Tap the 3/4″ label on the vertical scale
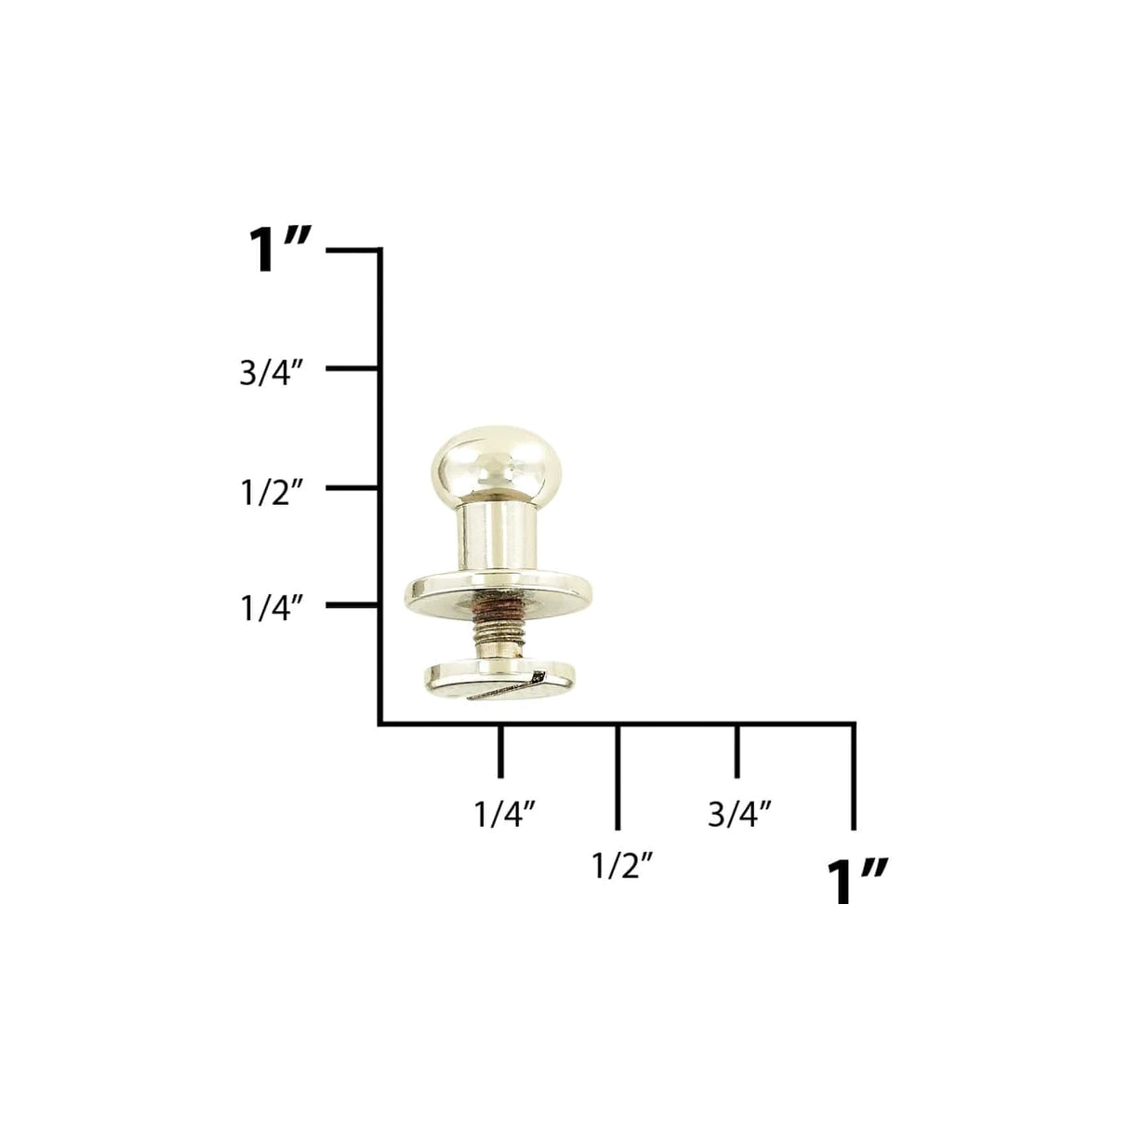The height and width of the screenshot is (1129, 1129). (272, 374)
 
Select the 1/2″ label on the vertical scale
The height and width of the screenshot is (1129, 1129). (272, 492)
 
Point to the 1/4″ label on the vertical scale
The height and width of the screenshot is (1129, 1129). (272, 609)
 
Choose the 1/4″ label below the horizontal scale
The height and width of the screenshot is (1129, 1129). (506, 814)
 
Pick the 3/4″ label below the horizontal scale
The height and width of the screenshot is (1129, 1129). (740, 814)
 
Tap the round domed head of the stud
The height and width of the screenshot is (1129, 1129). (483, 461)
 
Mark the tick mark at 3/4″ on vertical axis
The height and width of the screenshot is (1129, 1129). (352, 369)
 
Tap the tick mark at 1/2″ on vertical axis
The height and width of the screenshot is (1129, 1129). (352, 487)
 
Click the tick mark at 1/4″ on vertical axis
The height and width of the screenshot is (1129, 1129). (352, 605)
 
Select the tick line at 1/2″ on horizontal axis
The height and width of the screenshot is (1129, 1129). (618, 776)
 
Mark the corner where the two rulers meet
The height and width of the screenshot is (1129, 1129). (380, 723)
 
